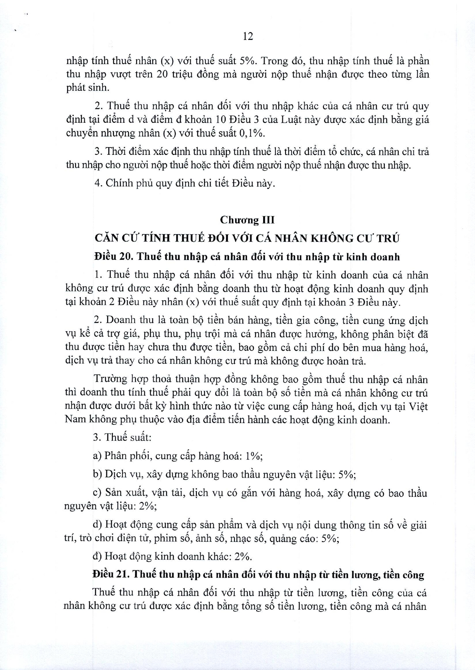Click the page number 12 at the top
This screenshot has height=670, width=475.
[x=248, y=36]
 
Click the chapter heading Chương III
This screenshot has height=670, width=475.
[x=247, y=220]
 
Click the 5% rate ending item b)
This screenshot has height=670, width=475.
[x=347, y=475]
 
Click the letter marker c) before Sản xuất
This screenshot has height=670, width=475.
[x=97, y=493]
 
